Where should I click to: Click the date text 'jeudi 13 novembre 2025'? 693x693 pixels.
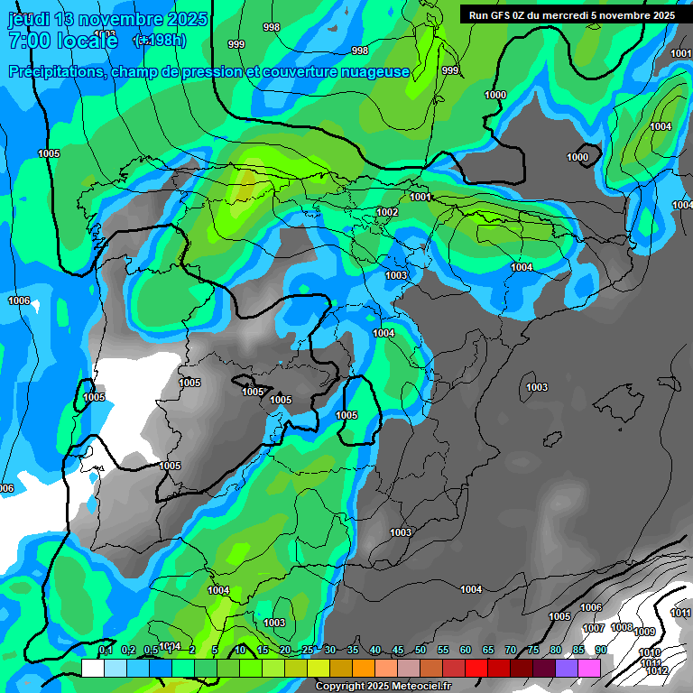pos(107,19)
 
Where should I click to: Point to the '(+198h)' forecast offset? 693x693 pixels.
pos(159,41)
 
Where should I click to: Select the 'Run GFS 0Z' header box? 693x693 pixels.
pos(572,15)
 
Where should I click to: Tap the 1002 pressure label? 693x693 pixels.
pos(387,212)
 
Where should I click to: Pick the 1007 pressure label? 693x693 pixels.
pos(593,628)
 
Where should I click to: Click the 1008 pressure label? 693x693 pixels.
pos(622,627)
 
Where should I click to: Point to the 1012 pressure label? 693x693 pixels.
pos(657,671)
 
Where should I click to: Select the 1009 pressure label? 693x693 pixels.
pos(644,632)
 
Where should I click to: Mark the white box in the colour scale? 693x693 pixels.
pos(93,668)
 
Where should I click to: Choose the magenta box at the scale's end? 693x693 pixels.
pos(589,668)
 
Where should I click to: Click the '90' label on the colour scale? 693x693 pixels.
pos(600,651)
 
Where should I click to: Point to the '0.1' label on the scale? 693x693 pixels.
pos(106,651)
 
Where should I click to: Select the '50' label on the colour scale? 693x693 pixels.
pos(420,651)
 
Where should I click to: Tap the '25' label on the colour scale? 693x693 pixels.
pos(308,651)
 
